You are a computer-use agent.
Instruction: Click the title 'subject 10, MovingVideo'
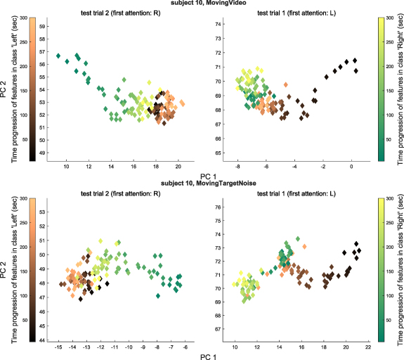point(202,4)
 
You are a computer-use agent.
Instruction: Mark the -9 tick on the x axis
point(143,347)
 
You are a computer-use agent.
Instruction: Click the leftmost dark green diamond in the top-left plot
point(59,55)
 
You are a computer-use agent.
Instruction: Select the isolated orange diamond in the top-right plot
point(285,84)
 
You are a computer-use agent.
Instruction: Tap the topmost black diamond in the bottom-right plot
point(356,244)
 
